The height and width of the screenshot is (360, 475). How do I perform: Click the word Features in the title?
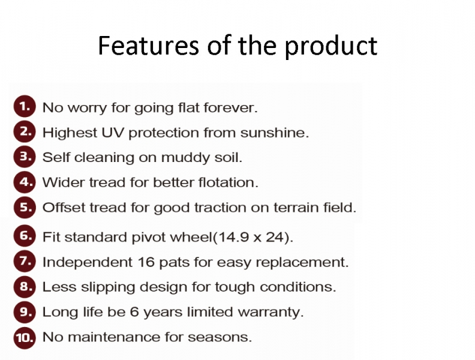[149, 46]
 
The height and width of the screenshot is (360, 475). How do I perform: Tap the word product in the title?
[331, 46]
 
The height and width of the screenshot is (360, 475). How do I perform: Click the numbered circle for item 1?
[25, 106]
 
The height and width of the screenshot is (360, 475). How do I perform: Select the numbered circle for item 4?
[25, 182]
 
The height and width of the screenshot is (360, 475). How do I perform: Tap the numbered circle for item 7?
[25, 262]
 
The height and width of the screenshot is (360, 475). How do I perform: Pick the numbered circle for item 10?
[25, 337]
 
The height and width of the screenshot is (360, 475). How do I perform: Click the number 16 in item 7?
[146, 262]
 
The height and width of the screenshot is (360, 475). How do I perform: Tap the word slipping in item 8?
[107, 287]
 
